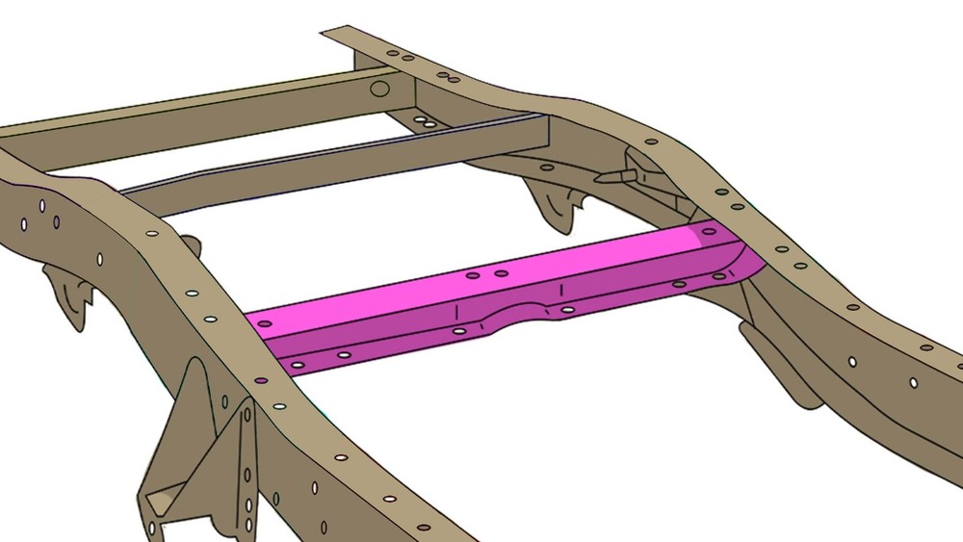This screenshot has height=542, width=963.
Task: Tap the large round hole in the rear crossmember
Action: click(380, 90)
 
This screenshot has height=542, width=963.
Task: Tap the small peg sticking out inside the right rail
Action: click(616, 175)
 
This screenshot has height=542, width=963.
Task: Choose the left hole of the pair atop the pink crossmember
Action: click(473, 275)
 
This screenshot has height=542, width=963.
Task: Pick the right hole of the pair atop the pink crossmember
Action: click(502, 273)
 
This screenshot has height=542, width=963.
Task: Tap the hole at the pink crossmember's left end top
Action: click(265, 323)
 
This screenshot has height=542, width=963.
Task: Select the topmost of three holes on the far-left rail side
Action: click(44, 205)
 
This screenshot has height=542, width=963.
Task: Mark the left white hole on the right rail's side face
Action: click(851, 362)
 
